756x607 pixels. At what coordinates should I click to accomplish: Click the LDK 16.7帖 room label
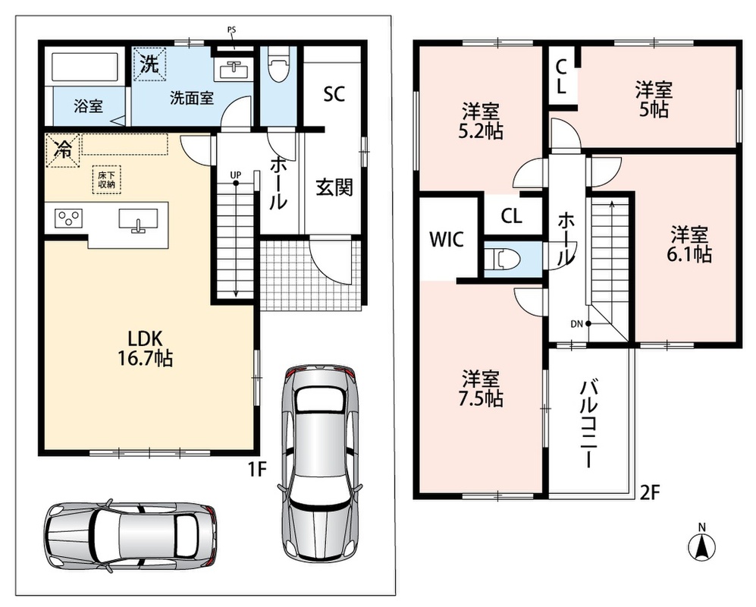[x=145, y=348]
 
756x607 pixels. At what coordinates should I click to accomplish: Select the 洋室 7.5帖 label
[x=481, y=388]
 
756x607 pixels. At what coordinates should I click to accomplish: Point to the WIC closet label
[x=447, y=239]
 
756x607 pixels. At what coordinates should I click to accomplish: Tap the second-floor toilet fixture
[x=503, y=259]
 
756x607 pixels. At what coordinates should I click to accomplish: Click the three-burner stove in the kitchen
[x=68, y=218]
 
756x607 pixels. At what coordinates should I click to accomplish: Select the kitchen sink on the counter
[x=138, y=220]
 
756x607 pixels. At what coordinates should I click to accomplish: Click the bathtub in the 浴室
[x=86, y=66]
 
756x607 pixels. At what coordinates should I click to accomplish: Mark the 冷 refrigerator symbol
[x=63, y=150]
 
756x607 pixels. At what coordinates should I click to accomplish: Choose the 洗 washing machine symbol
[x=149, y=64]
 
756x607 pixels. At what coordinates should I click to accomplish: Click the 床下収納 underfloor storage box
[x=107, y=180]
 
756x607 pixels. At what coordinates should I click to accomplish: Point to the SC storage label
[x=334, y=94]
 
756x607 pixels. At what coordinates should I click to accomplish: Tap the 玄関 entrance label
[x=334, y=187]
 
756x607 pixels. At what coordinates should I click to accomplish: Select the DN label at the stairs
[x=577, y=324]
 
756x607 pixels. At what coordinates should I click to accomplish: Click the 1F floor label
[x=258, y=468]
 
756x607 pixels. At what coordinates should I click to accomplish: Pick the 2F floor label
[x=649, y=492]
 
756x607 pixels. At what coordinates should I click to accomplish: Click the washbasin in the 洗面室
[x=234, y=70]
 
